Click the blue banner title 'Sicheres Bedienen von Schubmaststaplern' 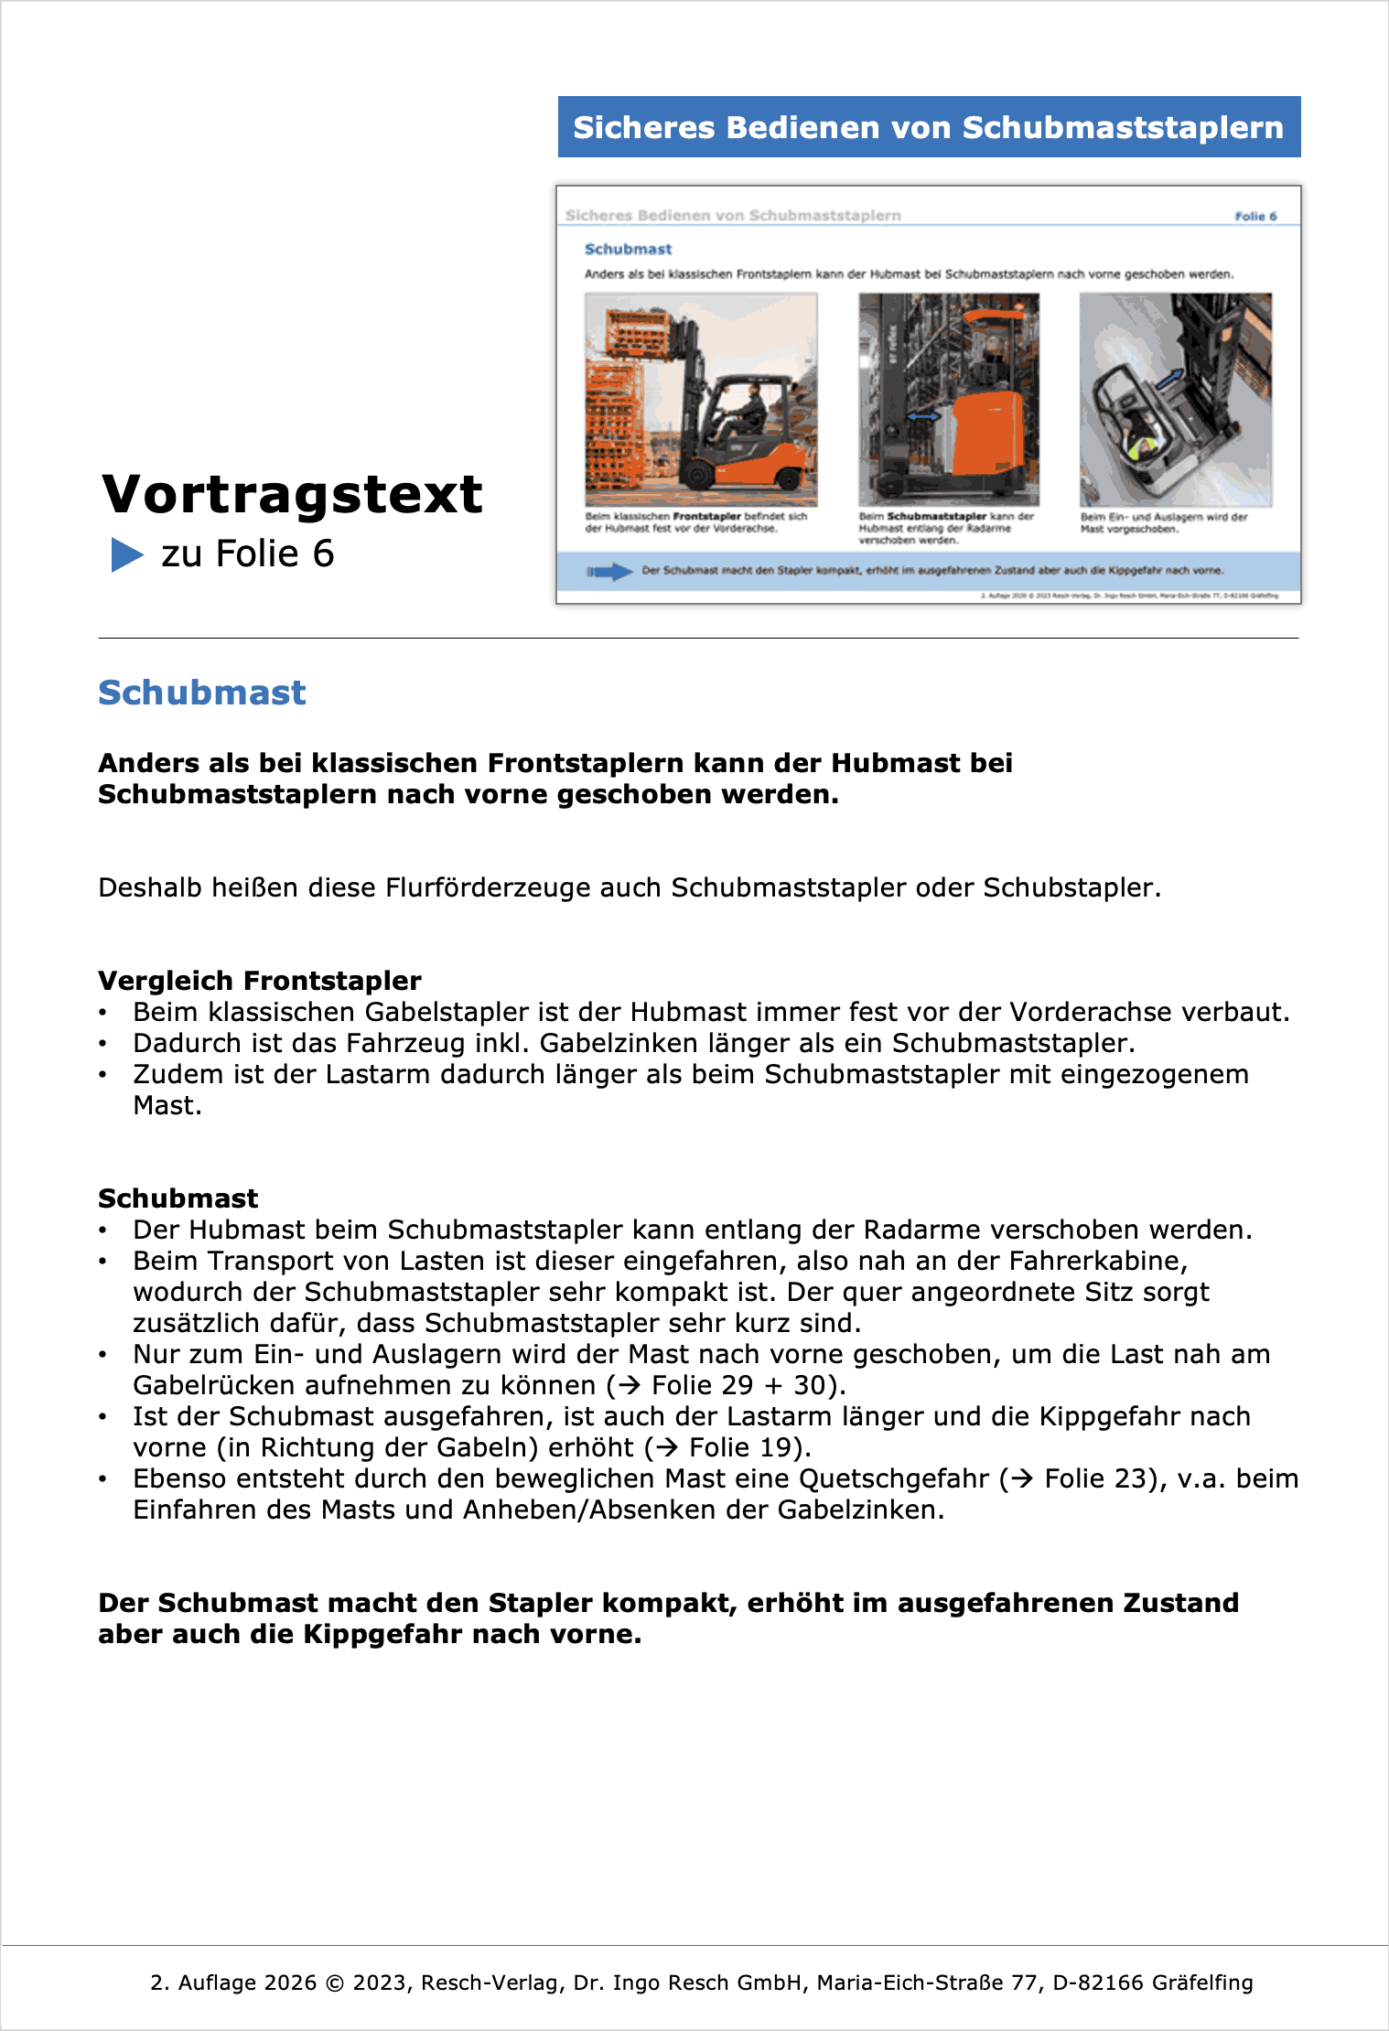(928, 127)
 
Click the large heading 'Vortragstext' (292, 495)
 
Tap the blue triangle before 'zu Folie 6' (127, 554)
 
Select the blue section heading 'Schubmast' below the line (202, 693)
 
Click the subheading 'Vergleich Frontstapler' (260, 981)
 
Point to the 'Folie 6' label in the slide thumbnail (1255, 217)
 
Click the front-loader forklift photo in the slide (701, 399)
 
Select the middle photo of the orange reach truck (949, 399)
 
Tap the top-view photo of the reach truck (1176, 399)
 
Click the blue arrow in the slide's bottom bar (609, 572)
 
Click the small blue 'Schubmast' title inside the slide (628, 249)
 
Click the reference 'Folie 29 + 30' (740, 1385)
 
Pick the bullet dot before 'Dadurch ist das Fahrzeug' (103, 1044)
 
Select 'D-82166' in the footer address (1098, 1983)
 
